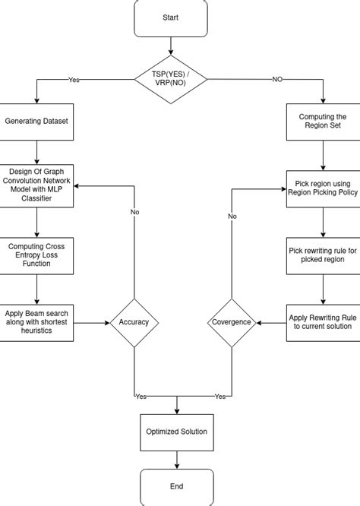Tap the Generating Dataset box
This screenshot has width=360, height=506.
37,122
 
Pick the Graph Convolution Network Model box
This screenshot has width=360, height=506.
37,185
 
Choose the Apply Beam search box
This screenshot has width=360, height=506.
37,321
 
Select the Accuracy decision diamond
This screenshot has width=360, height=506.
134,322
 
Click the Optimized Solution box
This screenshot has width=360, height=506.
176,432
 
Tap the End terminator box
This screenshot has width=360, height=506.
176,486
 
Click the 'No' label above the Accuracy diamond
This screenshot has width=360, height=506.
134,212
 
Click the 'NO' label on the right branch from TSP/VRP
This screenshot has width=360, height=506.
277,79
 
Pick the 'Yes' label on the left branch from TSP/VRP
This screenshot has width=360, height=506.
74,79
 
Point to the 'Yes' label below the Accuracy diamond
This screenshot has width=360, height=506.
140,397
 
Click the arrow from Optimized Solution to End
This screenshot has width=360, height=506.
176,459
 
